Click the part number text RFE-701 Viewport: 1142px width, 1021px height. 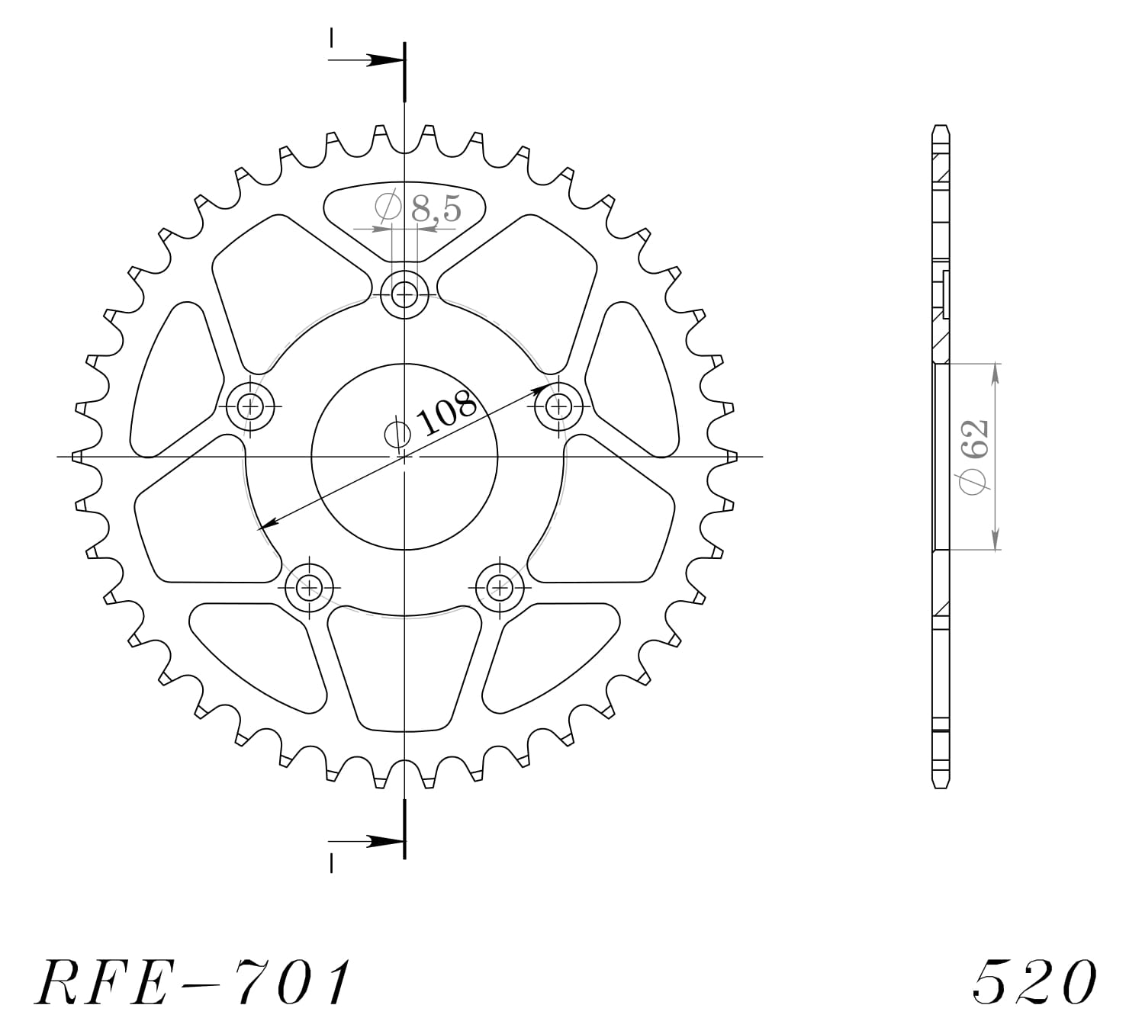(x=195, y=981)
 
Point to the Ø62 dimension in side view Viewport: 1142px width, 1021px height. (x=976, y=457)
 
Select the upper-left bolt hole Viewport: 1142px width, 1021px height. (x=250, y=405)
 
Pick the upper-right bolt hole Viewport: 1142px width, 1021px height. (x=558, y=405)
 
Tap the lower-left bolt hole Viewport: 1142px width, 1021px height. (x=309, y=586)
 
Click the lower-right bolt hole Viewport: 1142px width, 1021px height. (x=500, y=586)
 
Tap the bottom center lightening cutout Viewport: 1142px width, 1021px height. (x=404, y=671)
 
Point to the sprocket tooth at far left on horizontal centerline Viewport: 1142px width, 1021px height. (x=77, y=457)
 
